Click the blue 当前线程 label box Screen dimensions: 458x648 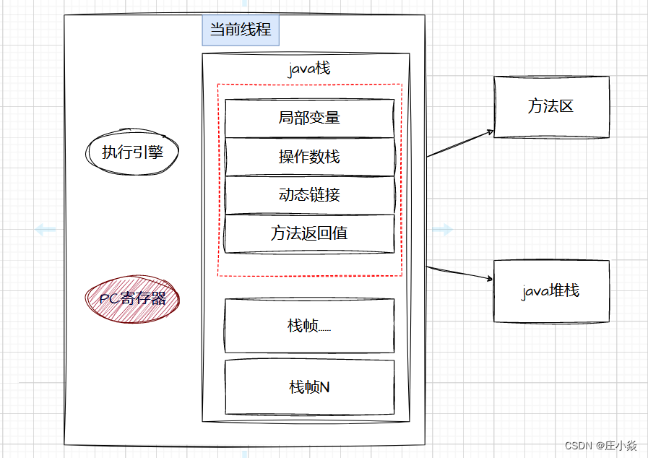click(x=240, y=30)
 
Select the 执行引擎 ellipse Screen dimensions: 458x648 click(x=131, y=152)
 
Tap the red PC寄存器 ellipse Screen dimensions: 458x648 click(x=132, y=298)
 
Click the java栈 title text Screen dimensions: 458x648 click(x=309, y=69)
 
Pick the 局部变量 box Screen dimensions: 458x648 click(x=309, y=117)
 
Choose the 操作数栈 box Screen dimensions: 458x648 click(x=309, y=156)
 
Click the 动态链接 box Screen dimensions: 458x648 click(x=309, y=195)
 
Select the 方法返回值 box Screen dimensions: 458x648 click(x=309, y=233)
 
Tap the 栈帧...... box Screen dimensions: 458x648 click(x=309, y=325)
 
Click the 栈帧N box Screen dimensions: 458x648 click(x=309, y=386)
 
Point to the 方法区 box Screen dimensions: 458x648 click(x=550, y=107)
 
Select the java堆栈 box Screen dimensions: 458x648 click(x=550, y=291)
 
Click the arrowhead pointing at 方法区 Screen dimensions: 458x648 click(x=490, y=133)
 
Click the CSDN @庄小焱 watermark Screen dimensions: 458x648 click(x=600, y=446)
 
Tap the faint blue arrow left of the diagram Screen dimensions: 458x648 click(x=45, y=230)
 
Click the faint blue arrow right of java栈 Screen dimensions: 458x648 click(x=442, y=230)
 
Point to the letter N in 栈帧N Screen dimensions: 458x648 click(x=324, y=387)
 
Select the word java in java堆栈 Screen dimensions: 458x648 click(x=535, y=292)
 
